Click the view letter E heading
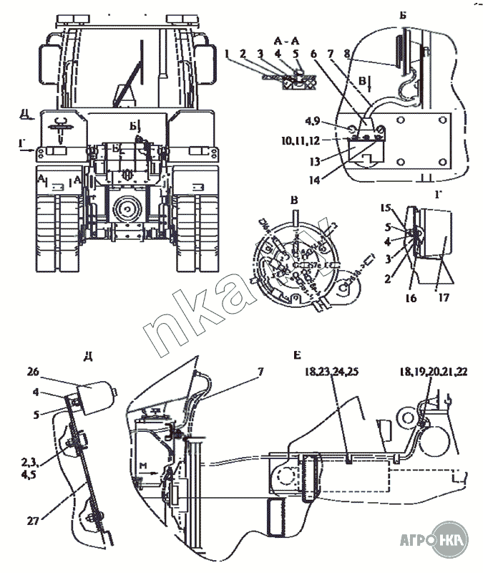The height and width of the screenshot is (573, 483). (x=297, y=355)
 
